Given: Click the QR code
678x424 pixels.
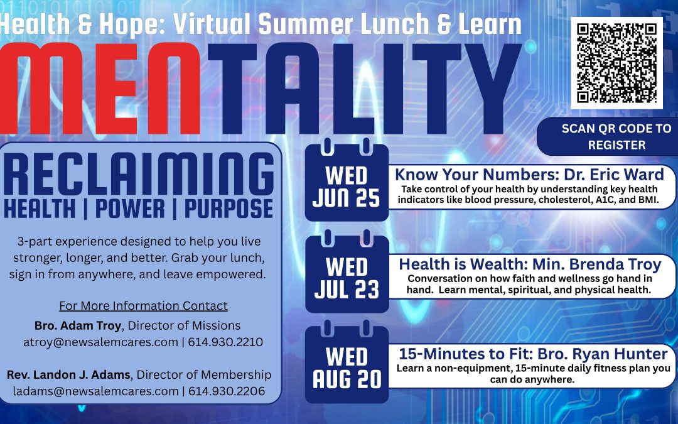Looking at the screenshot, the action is pos(616,63).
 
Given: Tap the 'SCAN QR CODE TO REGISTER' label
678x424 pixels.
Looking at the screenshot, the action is pos(616,136).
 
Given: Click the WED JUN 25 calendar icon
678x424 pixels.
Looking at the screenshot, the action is pos(347,180).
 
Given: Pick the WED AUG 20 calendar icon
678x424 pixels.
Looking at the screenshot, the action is pos(347,362).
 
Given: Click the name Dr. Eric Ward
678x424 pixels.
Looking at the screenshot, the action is pos(614,175).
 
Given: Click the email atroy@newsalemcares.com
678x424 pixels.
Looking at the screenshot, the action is pos(100,342).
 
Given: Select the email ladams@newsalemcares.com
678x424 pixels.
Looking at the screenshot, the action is pos(95,391).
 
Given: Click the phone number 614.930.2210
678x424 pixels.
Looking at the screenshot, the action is pos(225,342).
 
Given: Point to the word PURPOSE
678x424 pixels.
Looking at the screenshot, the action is pos(229,209).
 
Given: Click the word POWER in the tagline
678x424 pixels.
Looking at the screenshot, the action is pos(130,209).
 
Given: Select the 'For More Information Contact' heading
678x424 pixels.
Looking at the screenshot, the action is pos(143,305).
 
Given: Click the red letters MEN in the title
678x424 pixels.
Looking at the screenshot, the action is pos(100,89).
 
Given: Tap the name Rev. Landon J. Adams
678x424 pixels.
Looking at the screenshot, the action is pos(68,374).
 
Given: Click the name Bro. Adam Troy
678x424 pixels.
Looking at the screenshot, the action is pos(78,325).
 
